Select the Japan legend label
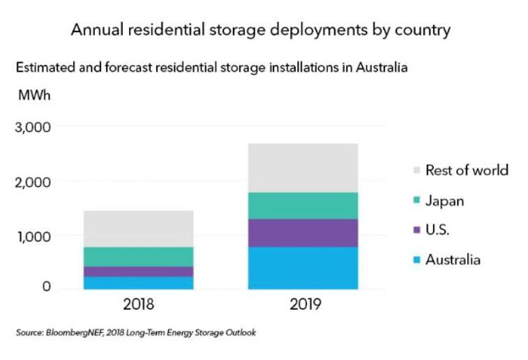coord(445,201)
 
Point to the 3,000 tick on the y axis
coord(33,127)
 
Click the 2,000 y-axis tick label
coord(33,181)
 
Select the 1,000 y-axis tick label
coord(33,236)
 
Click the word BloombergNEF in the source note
coord(70,333)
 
